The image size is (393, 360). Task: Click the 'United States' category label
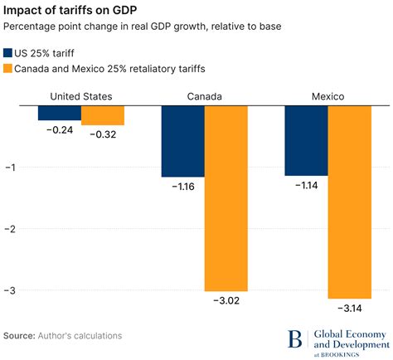pyautogui.click(x=81, y=96)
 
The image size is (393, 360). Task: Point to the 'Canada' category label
pyautogui.click(x=204, y=96)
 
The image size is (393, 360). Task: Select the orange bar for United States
pyautogui.click(x=103, y=115)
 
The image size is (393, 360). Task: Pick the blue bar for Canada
pyautogui.click(x=182, y=142)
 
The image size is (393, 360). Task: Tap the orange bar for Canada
pyautogui.click(x=226, y=198)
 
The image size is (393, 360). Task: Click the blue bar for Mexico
pyautogui.click(x=305, y=141)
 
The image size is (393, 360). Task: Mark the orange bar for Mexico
pyautogui.click(x=349, y=202)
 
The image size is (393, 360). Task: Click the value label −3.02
pyautogui.click(x=226, y=300)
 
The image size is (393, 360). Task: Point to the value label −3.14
pyautogui.click(x=349, y=308)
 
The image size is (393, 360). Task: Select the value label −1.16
pyautogui.click(x=182, y=187)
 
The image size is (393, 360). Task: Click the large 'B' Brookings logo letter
pyautogui.click(x=295, y=338)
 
